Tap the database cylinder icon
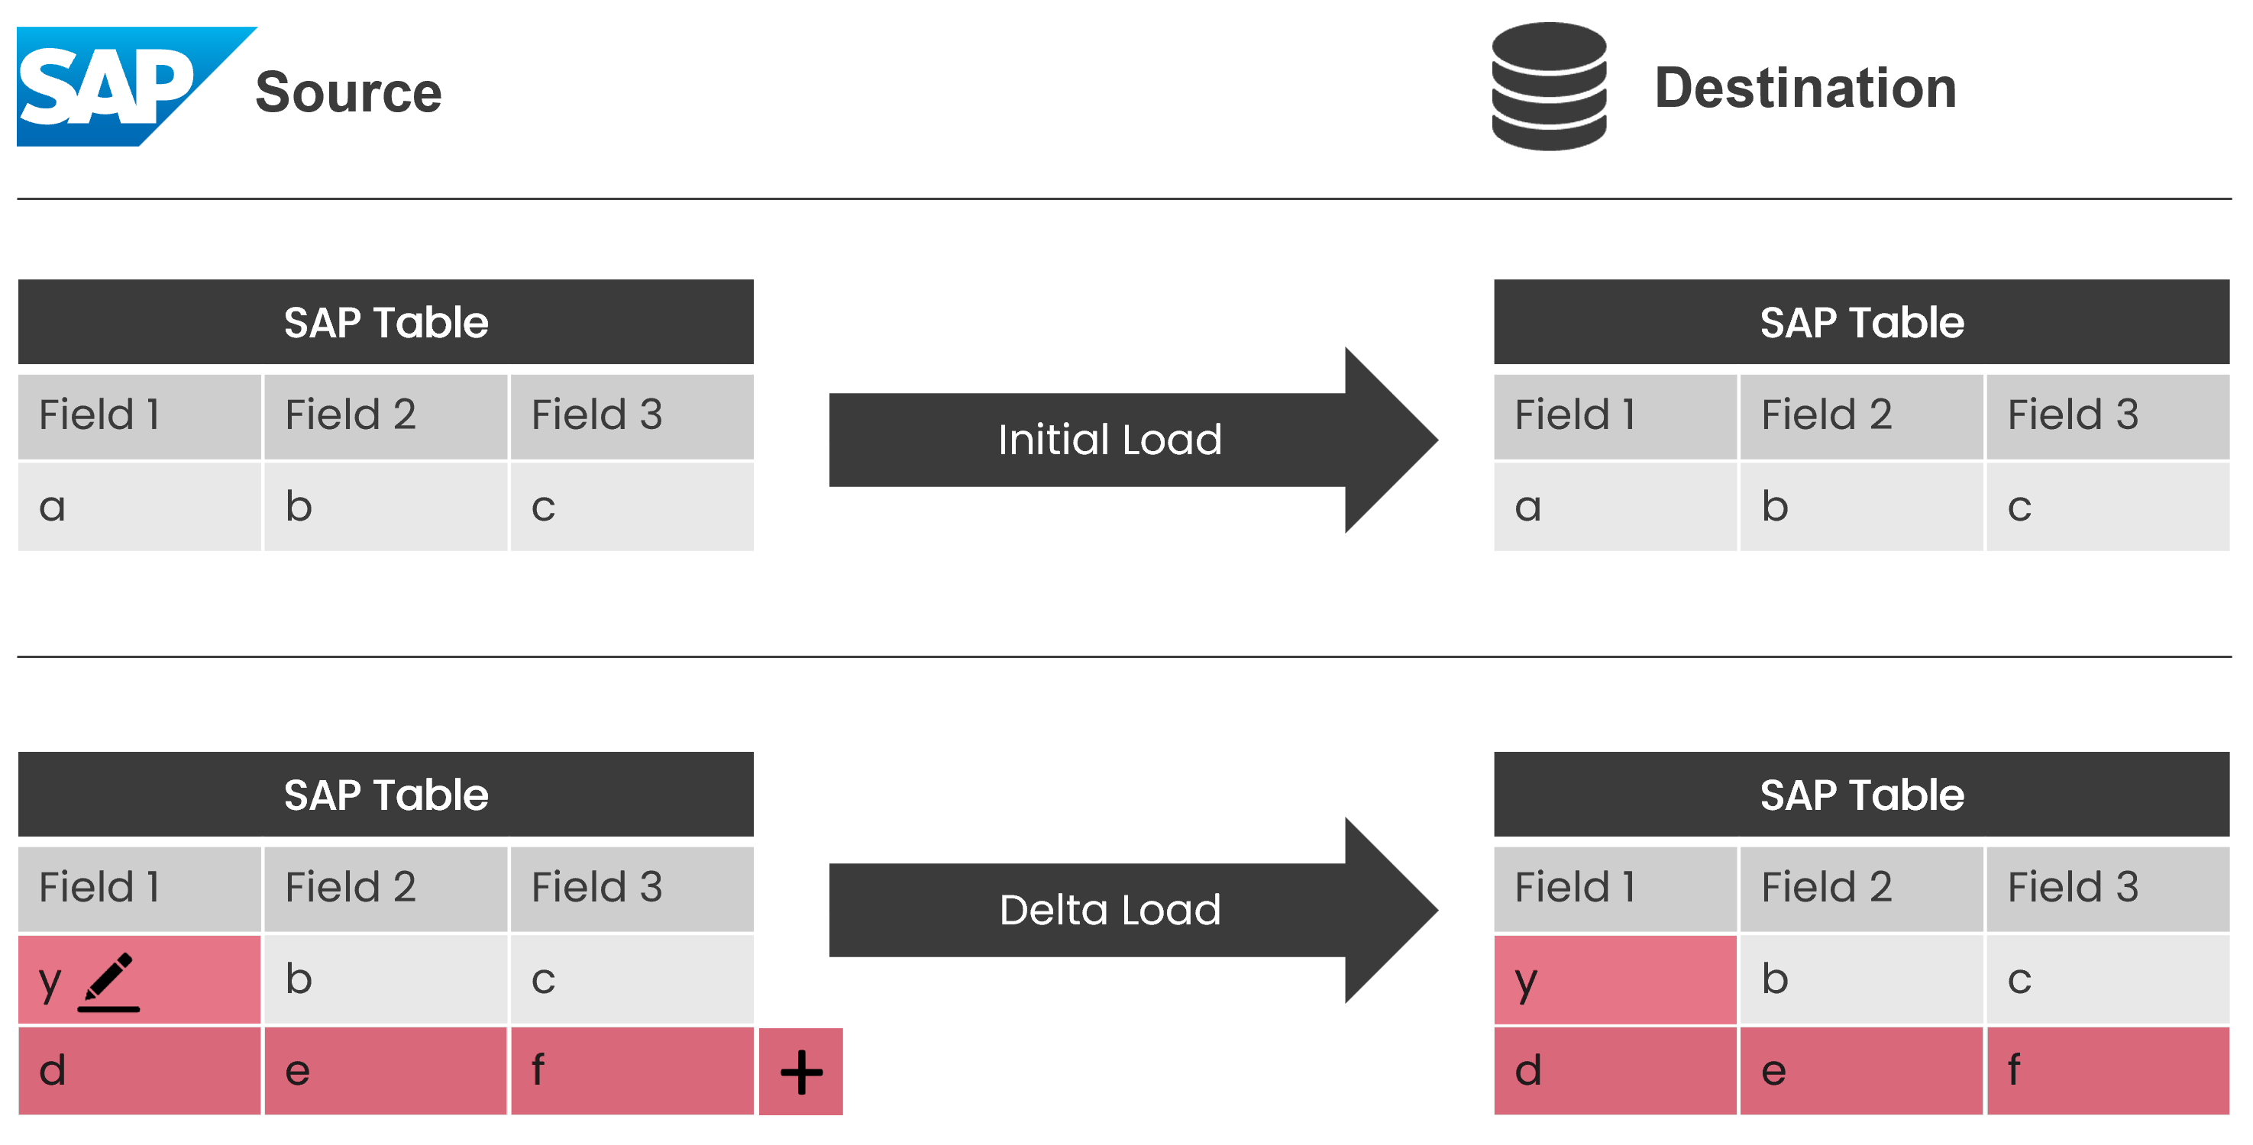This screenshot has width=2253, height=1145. (1548, 85)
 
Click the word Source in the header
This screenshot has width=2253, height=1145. (348, 92)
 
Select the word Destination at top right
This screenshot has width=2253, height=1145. (1805, 89)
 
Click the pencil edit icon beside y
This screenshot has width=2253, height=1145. (109, 981)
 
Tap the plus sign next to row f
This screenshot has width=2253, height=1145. (800, 1072)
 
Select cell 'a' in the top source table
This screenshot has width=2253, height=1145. (139, 507)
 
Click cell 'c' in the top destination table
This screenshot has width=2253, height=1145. (2107, 507)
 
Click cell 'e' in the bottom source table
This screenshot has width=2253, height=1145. (386, 1071)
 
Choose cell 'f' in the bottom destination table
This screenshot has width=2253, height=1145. (2107, 1071)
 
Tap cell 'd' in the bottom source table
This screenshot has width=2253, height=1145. (139, 1071)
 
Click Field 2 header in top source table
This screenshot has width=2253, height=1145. (386, 415)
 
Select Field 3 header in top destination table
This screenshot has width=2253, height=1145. (2107, 415)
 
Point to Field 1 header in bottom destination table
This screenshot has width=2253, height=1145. (1615, 888)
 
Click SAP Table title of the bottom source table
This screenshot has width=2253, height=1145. (386, 795)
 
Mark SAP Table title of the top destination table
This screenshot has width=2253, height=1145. (1861, 323)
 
